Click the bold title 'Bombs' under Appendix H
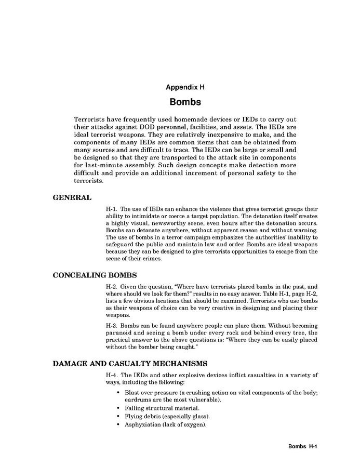coord(185,102)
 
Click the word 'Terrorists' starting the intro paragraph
coord(90,119)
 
